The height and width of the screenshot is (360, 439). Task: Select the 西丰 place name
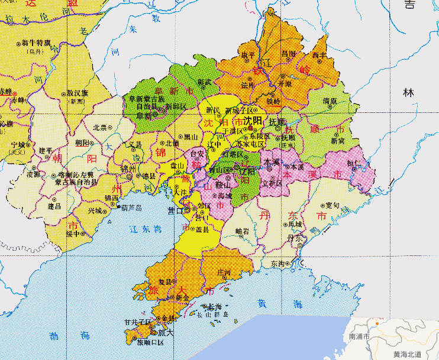coord(319,54)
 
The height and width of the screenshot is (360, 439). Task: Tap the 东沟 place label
coord(277,264)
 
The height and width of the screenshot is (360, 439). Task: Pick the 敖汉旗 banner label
coord(78,93)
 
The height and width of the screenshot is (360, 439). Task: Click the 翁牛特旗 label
coord(32,43)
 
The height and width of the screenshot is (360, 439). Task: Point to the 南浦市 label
coord(360,336)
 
